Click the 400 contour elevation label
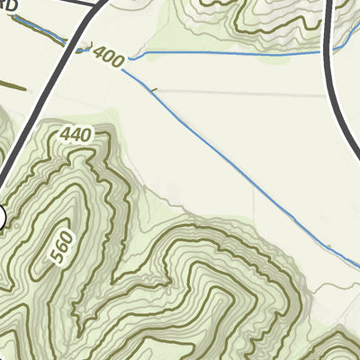pyautogui.click(x=107, y=56)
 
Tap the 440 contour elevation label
pyautogui.click(x=77, y=135)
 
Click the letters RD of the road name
pyautogui.click(x=10, y=6)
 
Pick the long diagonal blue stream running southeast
pyautogui.click(x=234, y=162)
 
